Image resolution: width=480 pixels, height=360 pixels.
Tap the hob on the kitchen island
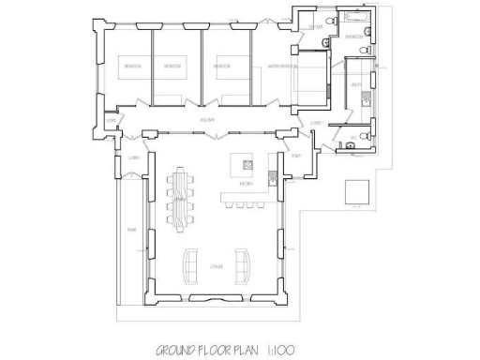pyautogui.click(x=247, y=164)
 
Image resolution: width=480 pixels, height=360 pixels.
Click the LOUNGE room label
pyautogui.click(x=217, y=268)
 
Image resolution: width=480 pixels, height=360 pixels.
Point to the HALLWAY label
pyautogui.click(x=208, y=119)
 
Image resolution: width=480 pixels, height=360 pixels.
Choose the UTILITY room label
pyautogui.click(x=357, y=84)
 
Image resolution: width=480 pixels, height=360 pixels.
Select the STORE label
pyautogui.click(x=111, y=121)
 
